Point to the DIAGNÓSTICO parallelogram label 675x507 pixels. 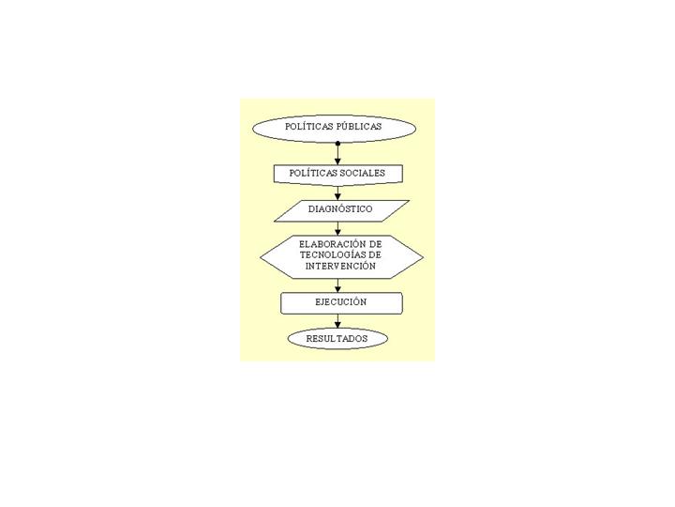click(340, 209)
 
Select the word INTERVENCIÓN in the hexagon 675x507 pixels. click(340, 266)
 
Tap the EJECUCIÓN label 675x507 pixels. click(340, 301)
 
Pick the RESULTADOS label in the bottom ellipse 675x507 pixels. click(337, 338)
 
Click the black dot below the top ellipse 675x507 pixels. click(337, 143)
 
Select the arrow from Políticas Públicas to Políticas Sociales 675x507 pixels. click(337, 154)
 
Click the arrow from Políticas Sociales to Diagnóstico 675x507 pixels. click(337, 192)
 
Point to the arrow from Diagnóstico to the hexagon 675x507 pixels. click(337, 228)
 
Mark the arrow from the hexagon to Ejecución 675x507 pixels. click(337, 285)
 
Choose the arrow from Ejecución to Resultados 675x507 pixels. click(337, 321)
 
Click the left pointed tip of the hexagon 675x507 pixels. click(261, 257)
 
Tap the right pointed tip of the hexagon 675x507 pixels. click(423, 257)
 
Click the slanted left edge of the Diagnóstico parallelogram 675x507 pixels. click(286, 211)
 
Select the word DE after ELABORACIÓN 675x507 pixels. click(375, 244)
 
